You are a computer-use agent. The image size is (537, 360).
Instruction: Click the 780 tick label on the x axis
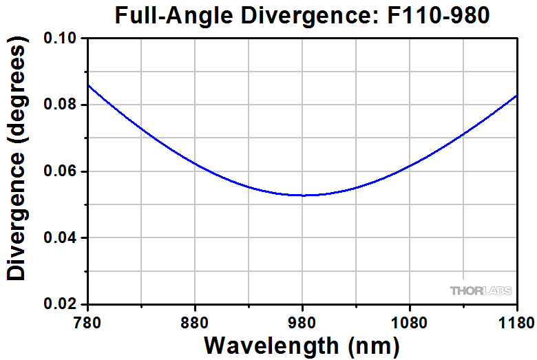88,321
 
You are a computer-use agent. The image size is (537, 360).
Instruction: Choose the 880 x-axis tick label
196,321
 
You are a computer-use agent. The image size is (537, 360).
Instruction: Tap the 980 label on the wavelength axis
303,321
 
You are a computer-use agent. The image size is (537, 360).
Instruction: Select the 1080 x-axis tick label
410,321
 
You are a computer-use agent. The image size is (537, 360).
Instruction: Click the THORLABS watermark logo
481,290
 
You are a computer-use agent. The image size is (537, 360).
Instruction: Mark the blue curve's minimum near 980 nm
303,195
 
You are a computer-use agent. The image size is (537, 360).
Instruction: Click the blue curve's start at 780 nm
89,85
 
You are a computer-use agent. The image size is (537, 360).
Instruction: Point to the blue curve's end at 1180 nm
516,96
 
